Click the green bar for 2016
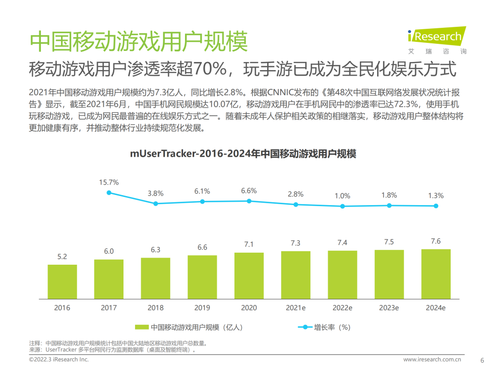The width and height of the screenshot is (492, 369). tap(62, 281)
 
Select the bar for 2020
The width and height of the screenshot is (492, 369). tap(249, 275)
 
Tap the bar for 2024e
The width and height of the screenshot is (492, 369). tap(436, 273)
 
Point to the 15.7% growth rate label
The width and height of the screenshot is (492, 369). tap(109, 183)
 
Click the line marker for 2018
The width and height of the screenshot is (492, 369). tap(156, 203)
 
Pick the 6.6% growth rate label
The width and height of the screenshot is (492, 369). tap(249, 191)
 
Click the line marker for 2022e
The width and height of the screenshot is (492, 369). tap(342, 206)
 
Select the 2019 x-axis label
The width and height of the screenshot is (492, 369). tap(202, 307)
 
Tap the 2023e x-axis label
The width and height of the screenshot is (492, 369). tap(389, 307)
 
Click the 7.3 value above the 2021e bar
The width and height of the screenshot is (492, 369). tap(295, 244)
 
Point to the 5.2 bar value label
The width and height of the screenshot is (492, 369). tap(62, 257)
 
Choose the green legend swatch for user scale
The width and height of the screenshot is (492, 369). tap(141, 327)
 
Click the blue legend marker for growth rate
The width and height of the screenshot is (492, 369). tap(305, 327)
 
